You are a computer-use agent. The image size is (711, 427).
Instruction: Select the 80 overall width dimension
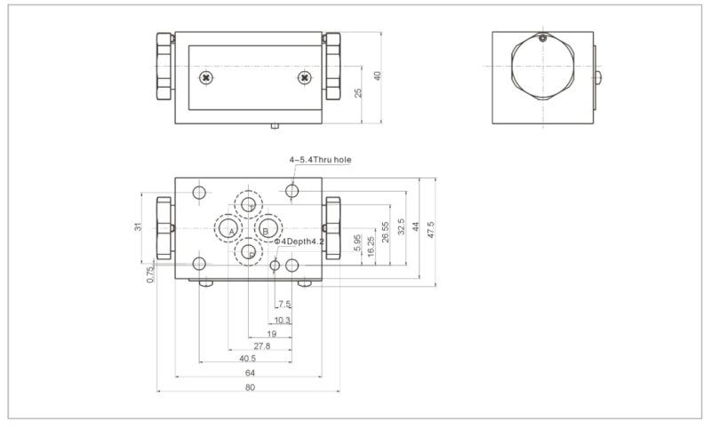coord(250,388)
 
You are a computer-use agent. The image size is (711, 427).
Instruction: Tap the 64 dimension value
coord(250,374)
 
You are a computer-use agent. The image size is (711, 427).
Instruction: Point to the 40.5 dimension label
coord(248,360)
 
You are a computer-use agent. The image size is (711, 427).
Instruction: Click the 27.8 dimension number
coord(262,346)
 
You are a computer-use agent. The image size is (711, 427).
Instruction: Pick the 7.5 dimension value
coord(284,304)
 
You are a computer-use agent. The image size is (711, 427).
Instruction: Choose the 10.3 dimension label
coord(283,319)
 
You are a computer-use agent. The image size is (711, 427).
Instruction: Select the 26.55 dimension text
coord(384,233)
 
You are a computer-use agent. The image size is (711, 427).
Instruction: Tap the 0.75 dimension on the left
coord(150,273)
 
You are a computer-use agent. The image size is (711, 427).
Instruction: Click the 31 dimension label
coord(139,227)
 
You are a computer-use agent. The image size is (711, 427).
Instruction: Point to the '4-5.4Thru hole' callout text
coord(320,160)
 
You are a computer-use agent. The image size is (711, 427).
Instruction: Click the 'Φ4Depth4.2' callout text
coord(299,241)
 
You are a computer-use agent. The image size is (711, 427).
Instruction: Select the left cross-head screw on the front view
coord(206,77)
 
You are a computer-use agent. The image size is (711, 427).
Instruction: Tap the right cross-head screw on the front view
coord(305,77)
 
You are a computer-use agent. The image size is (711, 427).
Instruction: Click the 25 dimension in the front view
coord(359,93)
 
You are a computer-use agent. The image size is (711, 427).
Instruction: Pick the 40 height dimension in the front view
coord(377,76)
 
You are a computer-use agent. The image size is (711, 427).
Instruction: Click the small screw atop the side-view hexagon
coord(541,38)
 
